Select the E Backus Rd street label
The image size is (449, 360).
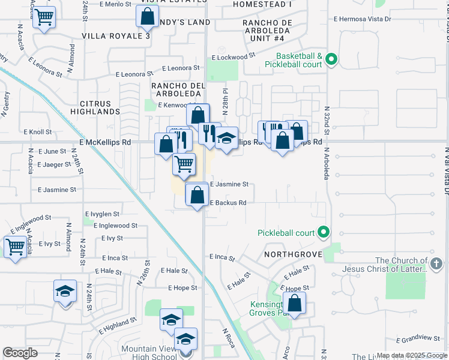[x=228, y=203]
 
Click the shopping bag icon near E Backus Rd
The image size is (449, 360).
[x=197, y=194]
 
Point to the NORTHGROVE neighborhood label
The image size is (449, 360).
[x=293, y=254]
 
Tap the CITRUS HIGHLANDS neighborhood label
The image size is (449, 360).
[x=95, y=107]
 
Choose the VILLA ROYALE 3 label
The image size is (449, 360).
[x=115, y=36]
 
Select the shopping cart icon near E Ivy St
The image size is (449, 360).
[x=16, y=246]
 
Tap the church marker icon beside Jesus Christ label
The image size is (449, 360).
[x=436, y=263]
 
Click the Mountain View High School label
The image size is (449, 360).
[x=149, y=353]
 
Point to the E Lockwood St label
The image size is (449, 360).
[x=234, y=56]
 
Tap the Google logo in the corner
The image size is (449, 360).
[x=20, y=353]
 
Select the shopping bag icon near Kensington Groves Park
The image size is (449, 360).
[x=294, y=303]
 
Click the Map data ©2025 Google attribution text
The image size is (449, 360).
[x=411, y=355]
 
